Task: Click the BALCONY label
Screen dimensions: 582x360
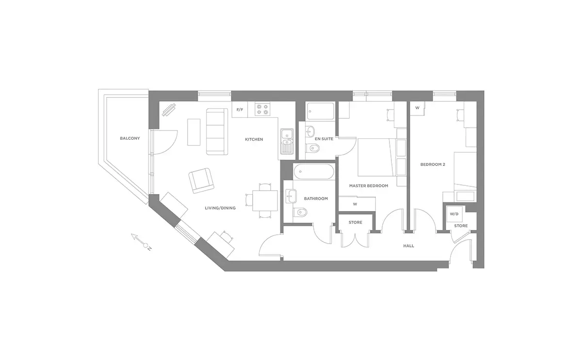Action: click(x=129, y=138)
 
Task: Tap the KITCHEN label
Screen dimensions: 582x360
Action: click(x=254, y=139)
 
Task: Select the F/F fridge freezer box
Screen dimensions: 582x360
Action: click(x=240, y=110)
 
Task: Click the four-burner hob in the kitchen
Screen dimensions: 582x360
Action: click(x=262, y=109)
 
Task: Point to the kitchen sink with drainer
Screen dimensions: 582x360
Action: click(x=287, y=142)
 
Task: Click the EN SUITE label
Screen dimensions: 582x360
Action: click(x=324, y=139)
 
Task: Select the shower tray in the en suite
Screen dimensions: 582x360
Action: click(x=320, y=111)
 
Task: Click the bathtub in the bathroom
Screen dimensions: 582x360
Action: click(x=314, y=172)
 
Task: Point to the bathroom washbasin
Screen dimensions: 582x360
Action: click(x=291, y=196)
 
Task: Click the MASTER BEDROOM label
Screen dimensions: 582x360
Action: click(x=369, y=186)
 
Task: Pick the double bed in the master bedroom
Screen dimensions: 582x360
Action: click(x=377, y=158)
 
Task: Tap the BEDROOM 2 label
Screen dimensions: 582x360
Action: click(x=433, y=164)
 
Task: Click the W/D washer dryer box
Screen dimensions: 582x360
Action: click(x=454, y=214)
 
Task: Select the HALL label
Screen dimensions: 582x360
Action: click(x=408, y=246)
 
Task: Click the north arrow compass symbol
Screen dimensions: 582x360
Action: click(x=141, y=242)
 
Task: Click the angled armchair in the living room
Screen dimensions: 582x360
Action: click(x=201, y=180)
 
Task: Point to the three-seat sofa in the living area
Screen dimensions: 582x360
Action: click(x=217, y=132)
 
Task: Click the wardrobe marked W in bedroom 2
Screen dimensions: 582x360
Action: click(x=417, y=108)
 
